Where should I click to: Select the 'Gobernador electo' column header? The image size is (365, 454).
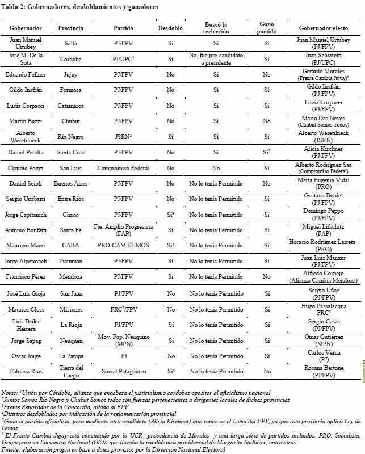pyautogui.click(x=324, y=27)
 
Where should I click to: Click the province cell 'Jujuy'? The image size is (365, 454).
pyautogui.click(x=70, y=74)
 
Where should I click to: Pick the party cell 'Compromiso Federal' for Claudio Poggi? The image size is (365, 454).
pyautogui.click(x=123, y=168)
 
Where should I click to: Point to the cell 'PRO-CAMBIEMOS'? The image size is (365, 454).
pyautogui.click(x=123, y=246)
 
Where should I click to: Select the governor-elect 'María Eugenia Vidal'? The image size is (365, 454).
pyautogui.click(x=324, y=180)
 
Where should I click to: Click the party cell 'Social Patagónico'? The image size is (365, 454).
pyautogui.click(x=123, y=372)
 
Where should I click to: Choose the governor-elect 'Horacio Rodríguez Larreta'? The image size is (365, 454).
pyautogui.click(x=324, y=242)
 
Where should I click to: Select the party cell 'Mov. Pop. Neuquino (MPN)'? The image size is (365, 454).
pyautogui.click(x=123, y=340)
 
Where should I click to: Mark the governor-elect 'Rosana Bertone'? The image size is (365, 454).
pyautogui.click(x=324, y=368)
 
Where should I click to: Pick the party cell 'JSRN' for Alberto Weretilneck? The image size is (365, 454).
pyautogui.click(x=122, y=137)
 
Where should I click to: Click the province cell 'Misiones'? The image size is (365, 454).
pyautogui.click(x=70, y=309)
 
